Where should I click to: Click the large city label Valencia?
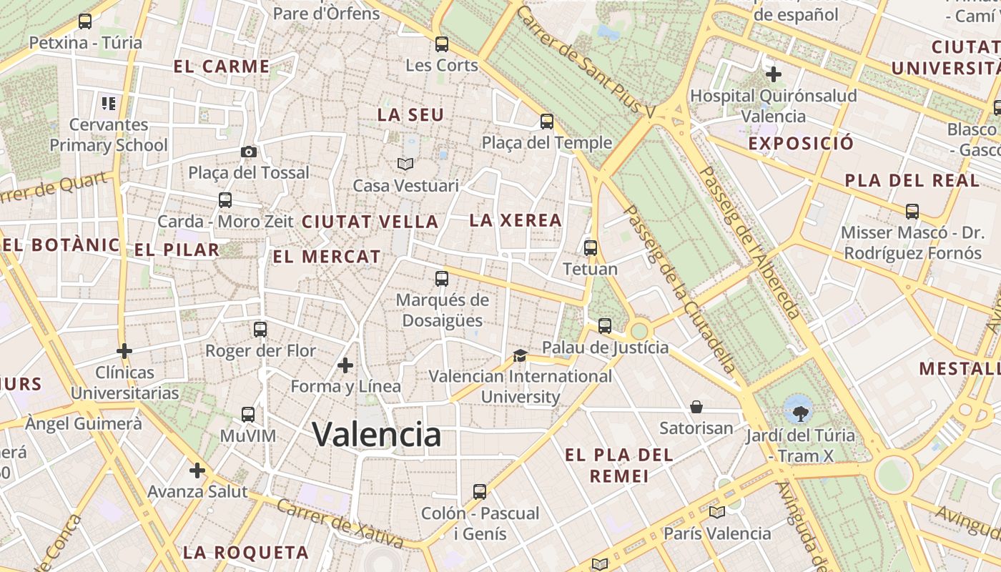377,434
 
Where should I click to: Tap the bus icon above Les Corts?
442,44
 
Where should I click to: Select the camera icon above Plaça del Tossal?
249,152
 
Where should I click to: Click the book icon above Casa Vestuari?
405,164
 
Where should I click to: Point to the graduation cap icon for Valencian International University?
520,355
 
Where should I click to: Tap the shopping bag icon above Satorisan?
696,408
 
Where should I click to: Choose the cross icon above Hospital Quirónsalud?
773,74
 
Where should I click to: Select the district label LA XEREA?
516,221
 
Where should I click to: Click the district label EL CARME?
222,67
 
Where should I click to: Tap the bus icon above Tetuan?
591,248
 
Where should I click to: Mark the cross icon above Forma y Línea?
345,365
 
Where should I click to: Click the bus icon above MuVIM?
248,415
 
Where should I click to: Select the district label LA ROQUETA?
246,552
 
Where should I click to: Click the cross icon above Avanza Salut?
197,470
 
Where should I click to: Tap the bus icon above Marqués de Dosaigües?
442,279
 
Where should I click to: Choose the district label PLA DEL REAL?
912,181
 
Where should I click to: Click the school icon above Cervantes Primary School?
109,104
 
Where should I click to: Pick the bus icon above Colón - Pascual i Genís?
480,492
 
